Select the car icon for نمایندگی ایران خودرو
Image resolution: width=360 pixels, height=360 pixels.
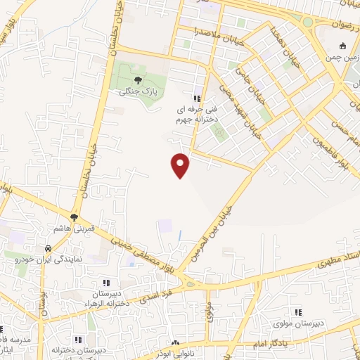coord(47,250)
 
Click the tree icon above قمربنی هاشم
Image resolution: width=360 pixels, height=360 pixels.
coord(74,217)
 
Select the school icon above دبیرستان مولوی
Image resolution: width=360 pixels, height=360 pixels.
coord(298,311)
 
